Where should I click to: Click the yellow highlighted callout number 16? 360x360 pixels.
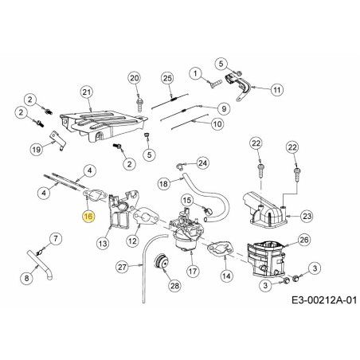(88, 216)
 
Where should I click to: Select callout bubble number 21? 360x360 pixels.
(88, 92)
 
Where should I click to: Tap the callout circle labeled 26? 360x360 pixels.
(304, 239)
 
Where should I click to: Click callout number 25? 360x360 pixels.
(166, 77)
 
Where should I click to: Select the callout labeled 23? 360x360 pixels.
(306, 214)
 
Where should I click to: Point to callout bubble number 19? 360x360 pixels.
(35, 149)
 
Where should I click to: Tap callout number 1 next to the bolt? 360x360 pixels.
(194, 73)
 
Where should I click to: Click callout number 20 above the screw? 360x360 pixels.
(135, 77)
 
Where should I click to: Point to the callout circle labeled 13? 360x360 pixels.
(103, 241)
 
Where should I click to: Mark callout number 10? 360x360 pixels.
(217, 124)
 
